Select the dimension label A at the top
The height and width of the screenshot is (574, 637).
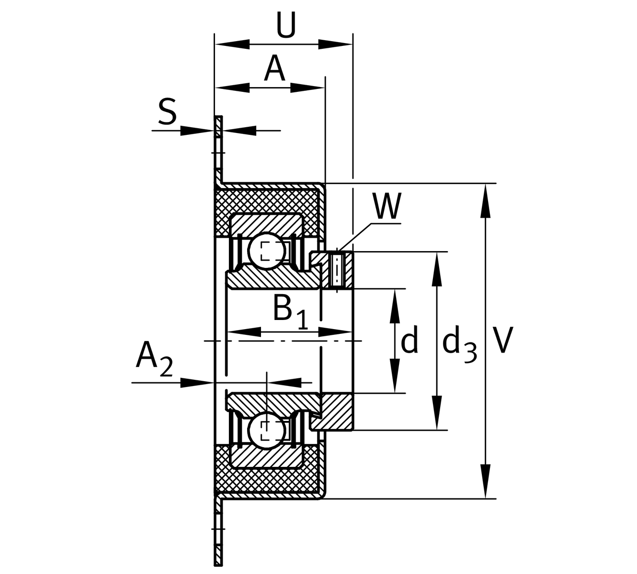[274, 69]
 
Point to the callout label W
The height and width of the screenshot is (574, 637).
[387, 207]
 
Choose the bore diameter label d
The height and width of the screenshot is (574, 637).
[409, 341]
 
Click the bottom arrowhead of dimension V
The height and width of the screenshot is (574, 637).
[486, 482]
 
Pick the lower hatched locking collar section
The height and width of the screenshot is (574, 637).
[336, 411]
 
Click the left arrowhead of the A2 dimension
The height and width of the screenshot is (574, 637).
[197, 382]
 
